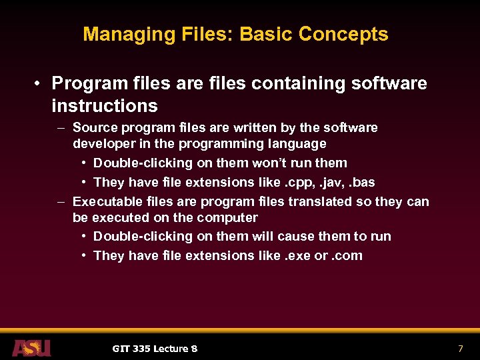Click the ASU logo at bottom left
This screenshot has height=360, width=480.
[x=31, y=347]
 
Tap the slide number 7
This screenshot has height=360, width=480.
[x=460, y=349]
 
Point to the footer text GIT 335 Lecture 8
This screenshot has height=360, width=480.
[x=154, y=349]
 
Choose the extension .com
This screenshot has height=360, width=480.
[x=347, y=256]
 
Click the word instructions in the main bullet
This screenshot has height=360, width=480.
[x=104, y=106]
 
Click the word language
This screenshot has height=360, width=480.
[x=297, y=144]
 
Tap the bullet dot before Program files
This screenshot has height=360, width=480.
[x=40, y=84]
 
